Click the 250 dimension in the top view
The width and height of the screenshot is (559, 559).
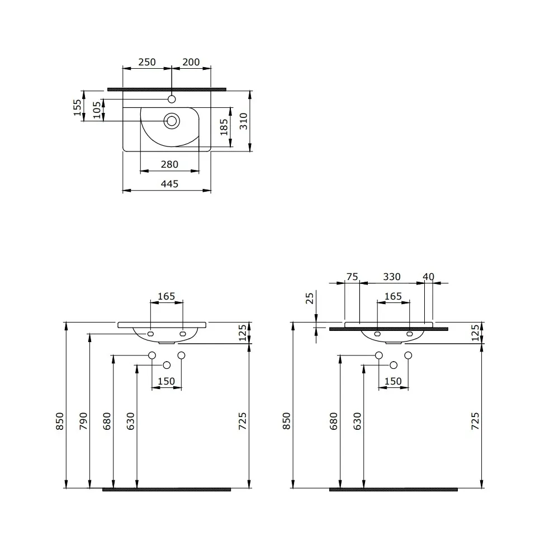(x=147, y=62)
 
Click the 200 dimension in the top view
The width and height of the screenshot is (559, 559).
(x=191, y=62)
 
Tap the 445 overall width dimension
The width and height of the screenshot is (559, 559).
(x=170, y=184)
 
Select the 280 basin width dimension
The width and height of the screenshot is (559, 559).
(x=169, y=164)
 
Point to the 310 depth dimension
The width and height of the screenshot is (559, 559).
(x=244, y=121)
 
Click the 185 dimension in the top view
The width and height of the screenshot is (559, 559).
(x=224, y=127)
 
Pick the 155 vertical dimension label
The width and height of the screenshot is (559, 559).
(x=77, y=108)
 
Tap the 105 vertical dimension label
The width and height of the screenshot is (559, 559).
(x=97, y=110)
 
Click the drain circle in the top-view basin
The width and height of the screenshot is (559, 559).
(x=172, y=121)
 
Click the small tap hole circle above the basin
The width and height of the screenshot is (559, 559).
(x=172, y=99)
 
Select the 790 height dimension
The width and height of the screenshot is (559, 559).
(x=83, y=421)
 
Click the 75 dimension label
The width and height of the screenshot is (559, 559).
(x=352, y=277)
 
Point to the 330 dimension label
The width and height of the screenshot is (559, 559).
(x=392, y=277)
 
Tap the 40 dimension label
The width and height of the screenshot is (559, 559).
(x=429, y=277)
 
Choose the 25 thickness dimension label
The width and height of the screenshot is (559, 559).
(x=310, y=298)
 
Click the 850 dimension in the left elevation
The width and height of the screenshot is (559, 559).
(x=60, y=421)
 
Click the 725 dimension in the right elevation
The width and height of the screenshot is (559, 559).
(x=475, y=421)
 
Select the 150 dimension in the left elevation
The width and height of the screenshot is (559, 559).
(x=166, y=381)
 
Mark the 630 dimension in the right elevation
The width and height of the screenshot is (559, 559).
(x=357, y=421)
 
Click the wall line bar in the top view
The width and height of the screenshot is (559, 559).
(x=167, y=89)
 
